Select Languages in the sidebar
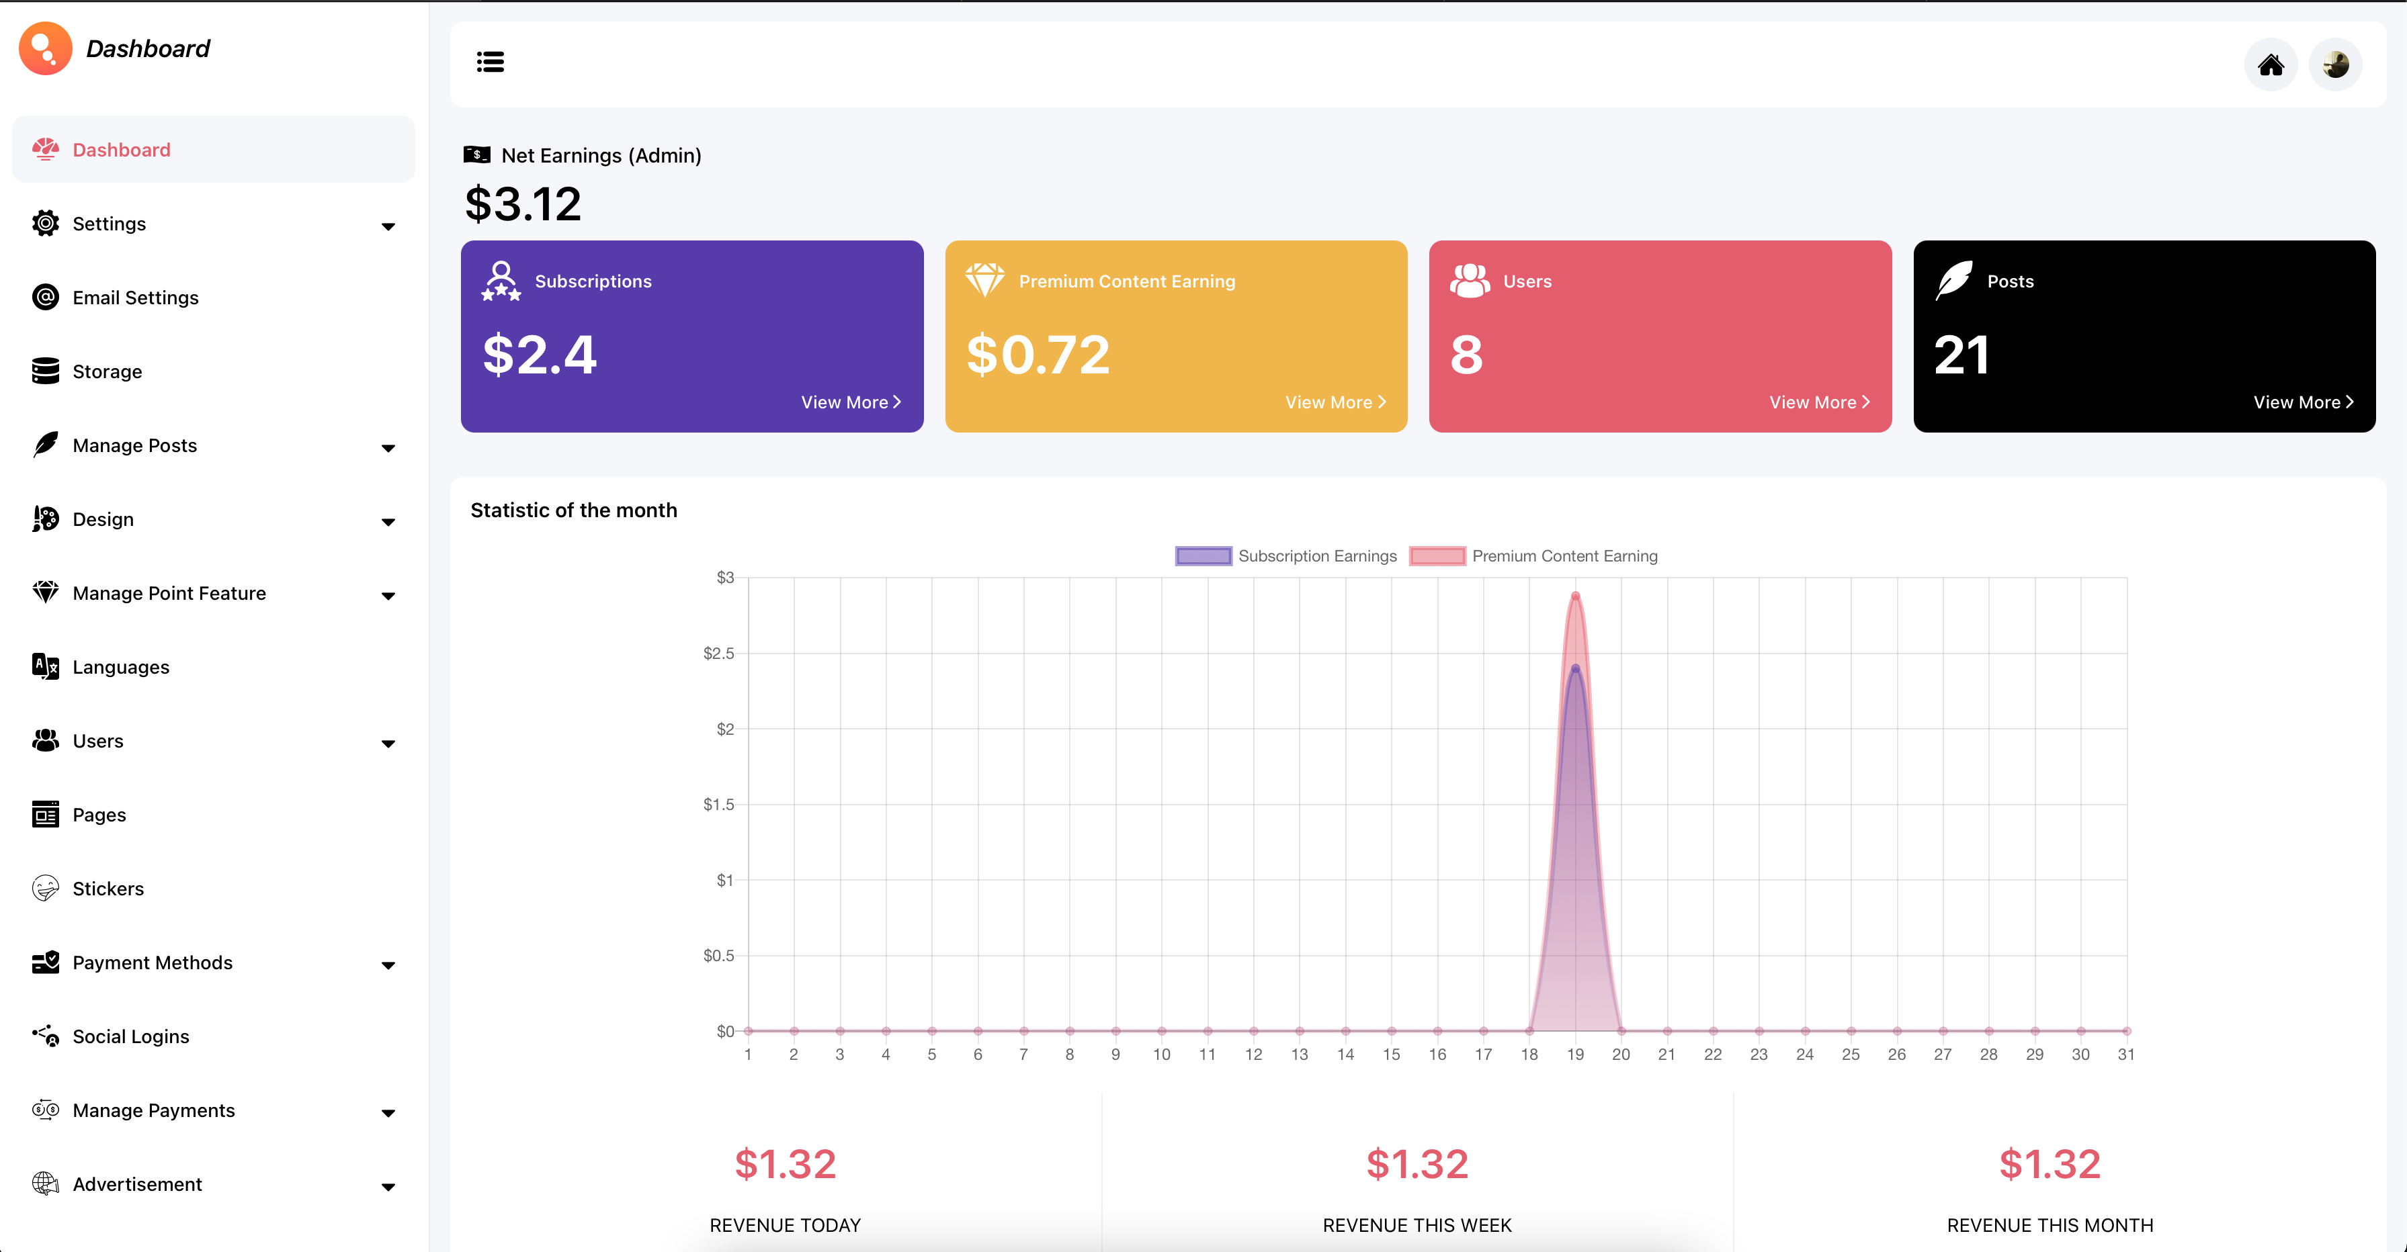click(x=120, y=667)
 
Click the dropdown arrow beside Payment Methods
click(x=388, y=965)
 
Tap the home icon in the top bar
click(x=2271, y=64)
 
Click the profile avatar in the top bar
click(x=2335, y=64)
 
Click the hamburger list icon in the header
click(x=491, y=62)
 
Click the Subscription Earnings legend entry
click(x=1285, y=556)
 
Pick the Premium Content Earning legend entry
click(x=1533, y=556)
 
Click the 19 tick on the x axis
click(x=1575, y=1055)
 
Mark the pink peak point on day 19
click(x=1575, y=596)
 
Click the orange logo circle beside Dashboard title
click(x=45, y=48)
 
